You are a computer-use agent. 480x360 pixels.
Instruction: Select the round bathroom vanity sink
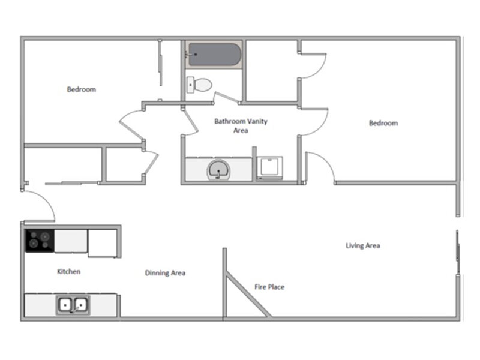pyautogui.click(x=218, y=171)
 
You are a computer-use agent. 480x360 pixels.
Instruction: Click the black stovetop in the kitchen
pyautogui.click(x=39, y=241)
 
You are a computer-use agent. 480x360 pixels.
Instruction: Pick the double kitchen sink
pyautogui.click(x=73, y=305)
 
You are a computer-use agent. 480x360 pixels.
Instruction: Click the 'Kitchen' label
pyautogui.click(x=68, y=272)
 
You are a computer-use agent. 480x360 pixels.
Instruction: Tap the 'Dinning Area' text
pyautogui.click(x=165, y=273)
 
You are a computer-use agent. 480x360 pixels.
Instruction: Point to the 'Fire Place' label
pyautogui.click(x=269, y=287)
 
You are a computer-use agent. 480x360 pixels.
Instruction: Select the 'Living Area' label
pyautogui.click(x=363, y=245)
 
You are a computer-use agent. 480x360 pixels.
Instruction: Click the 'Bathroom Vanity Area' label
pyautogui.click(x=241, y=125)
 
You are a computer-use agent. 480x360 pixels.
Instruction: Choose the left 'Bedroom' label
pyautogui.click(x=81, y=89)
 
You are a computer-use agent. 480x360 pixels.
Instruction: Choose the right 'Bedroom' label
pyautogui.click(x=383, y=123)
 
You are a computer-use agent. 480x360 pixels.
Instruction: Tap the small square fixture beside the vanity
pyautogui.click(x=269, y=168)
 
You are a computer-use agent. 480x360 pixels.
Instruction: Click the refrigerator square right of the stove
pyautogui.click(x=103, y=242)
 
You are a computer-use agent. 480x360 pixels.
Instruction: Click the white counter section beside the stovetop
pyautogui.click(x=71, y=241)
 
